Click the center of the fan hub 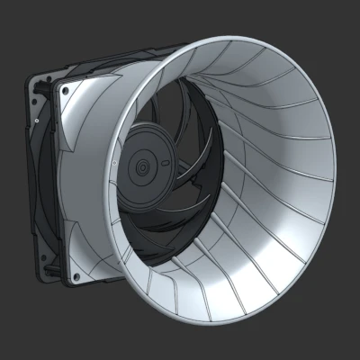pos(141,167)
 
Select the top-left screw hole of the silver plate pos(64,87)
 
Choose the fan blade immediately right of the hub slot pos(184,166)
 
